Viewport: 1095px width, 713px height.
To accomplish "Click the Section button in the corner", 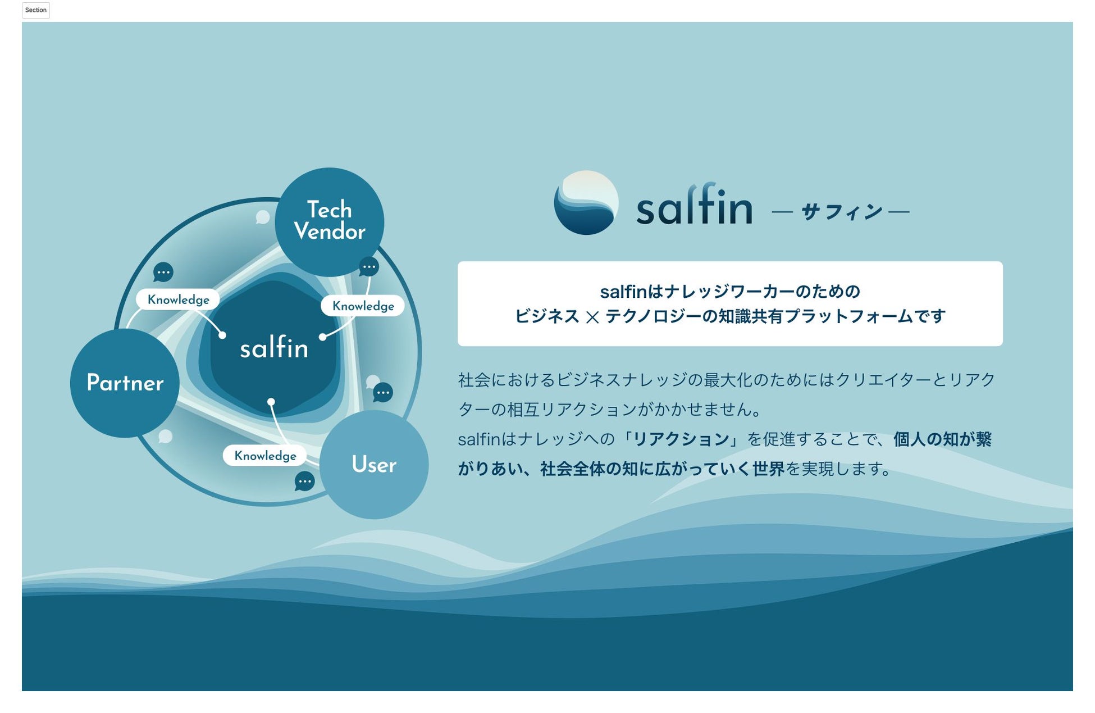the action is [36, 10].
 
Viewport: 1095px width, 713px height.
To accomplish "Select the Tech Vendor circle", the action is [330, 221].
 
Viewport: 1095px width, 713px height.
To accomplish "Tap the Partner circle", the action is [125, 383].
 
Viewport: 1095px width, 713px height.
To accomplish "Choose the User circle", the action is [374, 465].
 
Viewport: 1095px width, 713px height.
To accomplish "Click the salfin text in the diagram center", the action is [274, 348].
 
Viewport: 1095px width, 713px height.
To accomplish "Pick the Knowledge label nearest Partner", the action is [178, 299].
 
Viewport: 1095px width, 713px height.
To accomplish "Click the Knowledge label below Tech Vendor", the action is [363, 306].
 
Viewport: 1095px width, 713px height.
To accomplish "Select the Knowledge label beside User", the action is [265, 456].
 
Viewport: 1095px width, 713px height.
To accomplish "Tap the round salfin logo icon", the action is [586, 203].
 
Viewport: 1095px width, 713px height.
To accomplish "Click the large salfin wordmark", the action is [694, 205].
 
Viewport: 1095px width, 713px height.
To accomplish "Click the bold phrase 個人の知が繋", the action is [942, 439].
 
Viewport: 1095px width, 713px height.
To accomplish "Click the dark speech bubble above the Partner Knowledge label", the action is [163, 273].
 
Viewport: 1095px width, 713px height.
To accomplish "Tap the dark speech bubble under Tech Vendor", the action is [369, 266].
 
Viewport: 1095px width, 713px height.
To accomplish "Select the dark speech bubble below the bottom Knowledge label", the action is [304, 482].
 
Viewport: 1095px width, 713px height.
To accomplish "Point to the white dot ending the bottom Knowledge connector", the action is [271, 402].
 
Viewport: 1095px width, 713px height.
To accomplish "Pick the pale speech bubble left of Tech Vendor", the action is [262, 217].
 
